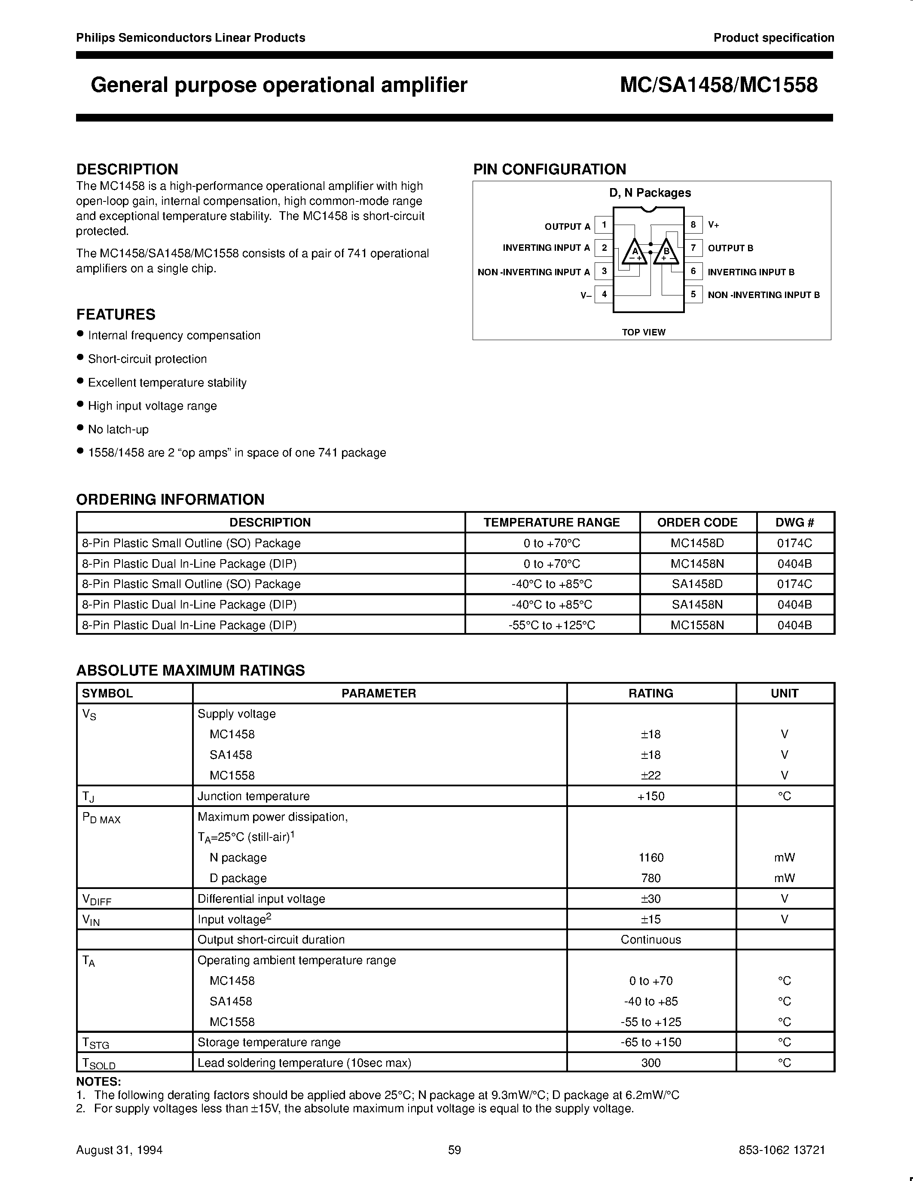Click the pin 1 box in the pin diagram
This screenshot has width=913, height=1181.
pos(604,225)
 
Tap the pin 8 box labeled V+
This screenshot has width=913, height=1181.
pos(693,225)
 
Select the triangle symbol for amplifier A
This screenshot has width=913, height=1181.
pos(635,252)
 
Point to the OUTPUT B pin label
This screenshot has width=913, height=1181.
pos(730,248)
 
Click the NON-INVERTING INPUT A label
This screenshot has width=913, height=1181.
pos(533,272)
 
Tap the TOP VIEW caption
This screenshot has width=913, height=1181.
pos(644,332)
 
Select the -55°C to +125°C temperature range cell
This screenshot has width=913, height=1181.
pos(552,625)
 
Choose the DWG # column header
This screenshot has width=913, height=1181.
pos(794,522)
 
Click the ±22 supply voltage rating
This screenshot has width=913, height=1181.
pos(650,775)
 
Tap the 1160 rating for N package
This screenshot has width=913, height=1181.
pos(650,857)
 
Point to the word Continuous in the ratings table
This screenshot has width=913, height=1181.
pos(650,939)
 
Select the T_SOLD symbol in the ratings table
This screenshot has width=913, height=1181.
pos(98,1063)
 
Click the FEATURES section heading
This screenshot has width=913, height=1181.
pos(116,314)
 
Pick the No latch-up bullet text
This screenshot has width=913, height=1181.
pos(118,429)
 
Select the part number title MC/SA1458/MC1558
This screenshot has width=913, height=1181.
pos(718,85)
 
